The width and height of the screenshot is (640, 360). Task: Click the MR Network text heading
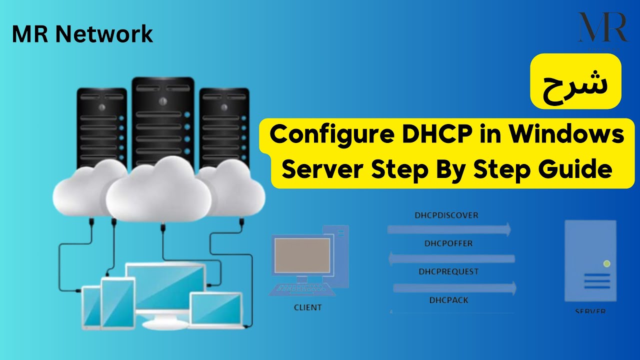[82, 34]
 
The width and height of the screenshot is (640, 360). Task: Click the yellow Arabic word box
[575, 81]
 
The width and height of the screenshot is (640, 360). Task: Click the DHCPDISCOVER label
[446, 215]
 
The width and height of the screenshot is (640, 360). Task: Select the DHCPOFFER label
[448, 244]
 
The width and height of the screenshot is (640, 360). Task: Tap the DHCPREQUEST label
[448, 272]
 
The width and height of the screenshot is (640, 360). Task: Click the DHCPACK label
[448, 300]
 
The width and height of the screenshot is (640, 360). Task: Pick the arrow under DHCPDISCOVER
[448, 229]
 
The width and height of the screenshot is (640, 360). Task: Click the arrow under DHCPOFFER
[451, 258]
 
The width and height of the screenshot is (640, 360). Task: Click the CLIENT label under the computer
[308, 307]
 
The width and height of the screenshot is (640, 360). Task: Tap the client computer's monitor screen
[300, 254]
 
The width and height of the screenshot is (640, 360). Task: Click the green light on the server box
[606, 263]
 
